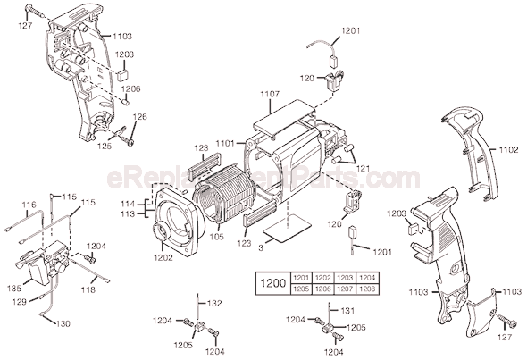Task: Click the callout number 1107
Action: coord(271,94)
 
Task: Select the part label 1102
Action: coord(508,150)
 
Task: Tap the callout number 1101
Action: coord(224,142)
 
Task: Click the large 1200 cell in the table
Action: coord(272,283)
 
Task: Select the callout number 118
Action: coord(90,290)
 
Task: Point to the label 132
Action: coord(214,304)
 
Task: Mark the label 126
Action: coord(140,117)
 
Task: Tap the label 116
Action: coord(29,205)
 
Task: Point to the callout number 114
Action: coord(128,204)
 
